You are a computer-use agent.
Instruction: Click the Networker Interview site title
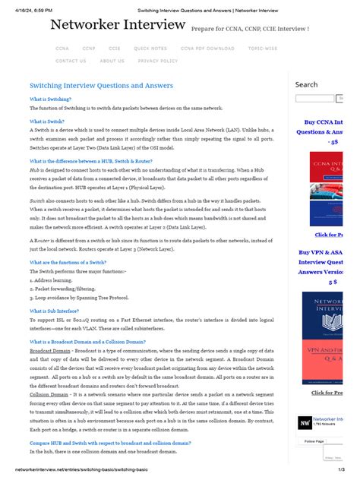point(118,25)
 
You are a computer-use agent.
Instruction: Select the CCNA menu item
point(62,48)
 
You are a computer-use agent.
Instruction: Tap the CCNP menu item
point(89,48)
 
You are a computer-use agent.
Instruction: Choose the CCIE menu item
point(114,48)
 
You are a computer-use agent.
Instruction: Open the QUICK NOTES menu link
point(150,48)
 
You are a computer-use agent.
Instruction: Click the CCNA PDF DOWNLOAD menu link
point(206,48)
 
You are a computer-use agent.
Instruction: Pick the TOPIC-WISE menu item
point(264,48)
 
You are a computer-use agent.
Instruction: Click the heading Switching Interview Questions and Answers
point(101,86)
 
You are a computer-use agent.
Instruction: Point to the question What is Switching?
point(50,99)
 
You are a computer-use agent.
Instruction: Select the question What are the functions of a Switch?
point(68,262)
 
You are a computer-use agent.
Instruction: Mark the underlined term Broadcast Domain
point(50,351)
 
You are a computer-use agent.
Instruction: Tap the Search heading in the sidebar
point(306,84)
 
